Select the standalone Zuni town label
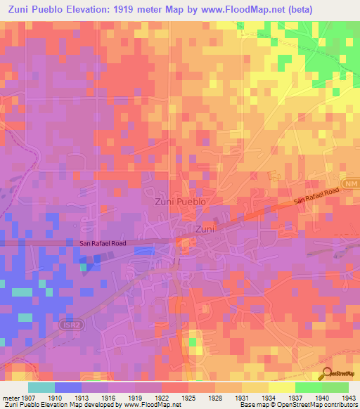pyautogui.click(x=205, y=229)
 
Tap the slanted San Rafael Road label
pyautogui.click(x=316, y=196)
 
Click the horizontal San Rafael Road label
pyautogui.click(x=103, y=243)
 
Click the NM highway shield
pyautogui.click(x=352, y=183)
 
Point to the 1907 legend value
pyautogui.click(x=25, y=398)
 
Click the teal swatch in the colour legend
pyautogui.click(x=41, y=387)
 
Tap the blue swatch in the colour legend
pyautogui.click(x=67, y=387)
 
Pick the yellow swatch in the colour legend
pyautogui.click(x=281, y=387)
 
